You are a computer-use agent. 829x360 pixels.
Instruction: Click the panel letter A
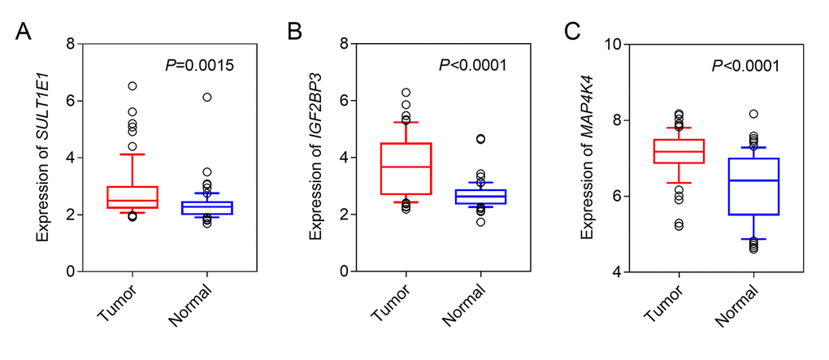(25, 33)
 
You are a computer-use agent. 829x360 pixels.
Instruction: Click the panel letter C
(572, 33)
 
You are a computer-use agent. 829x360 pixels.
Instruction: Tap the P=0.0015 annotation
(195, 65)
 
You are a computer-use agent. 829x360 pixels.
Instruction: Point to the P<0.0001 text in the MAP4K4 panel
(744, 65)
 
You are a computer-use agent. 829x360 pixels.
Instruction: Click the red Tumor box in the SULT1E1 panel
(132, 197)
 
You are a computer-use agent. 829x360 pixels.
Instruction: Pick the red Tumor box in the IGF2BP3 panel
(406, 168)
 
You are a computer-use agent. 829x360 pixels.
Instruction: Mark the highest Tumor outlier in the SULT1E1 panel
(132, 85)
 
